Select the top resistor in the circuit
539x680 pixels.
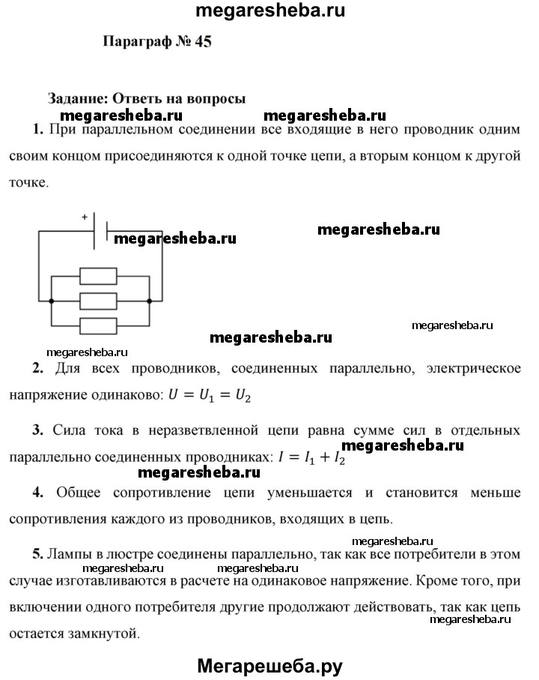98,277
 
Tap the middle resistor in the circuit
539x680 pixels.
98,301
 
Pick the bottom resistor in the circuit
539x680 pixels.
98,325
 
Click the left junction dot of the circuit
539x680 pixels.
51,301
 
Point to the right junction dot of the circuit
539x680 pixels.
150,301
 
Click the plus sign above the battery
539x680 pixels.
85,217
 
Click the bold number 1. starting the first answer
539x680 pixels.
38,130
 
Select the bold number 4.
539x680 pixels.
38,492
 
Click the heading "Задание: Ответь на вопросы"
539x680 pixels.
147,97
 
